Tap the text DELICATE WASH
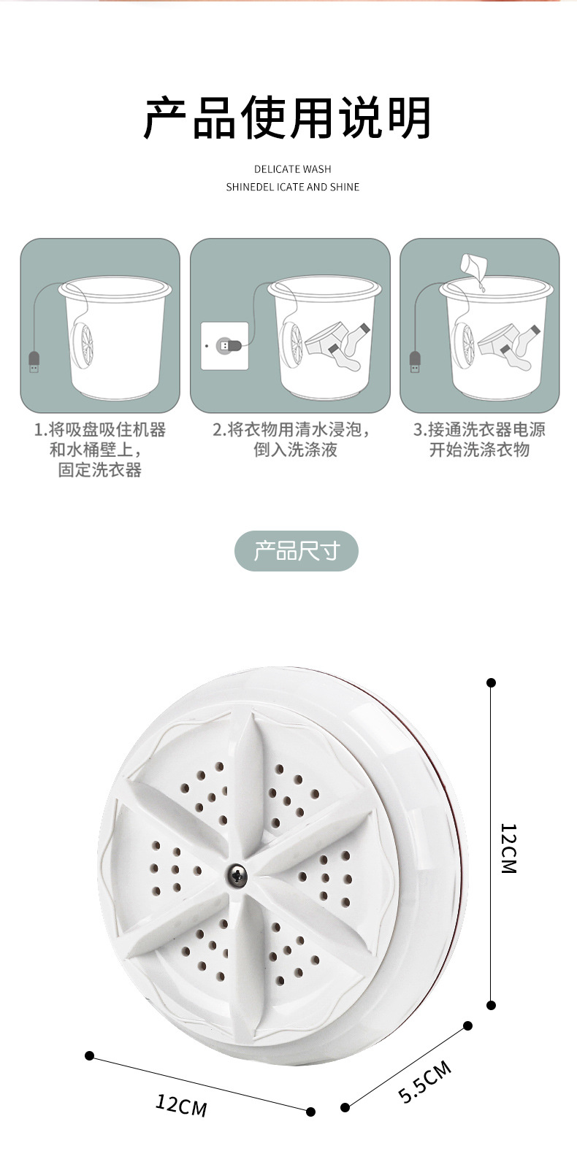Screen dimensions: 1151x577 [x=292, y=169]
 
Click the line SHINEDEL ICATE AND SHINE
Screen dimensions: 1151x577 [x=292, y=187]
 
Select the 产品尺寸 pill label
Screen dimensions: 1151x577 [x=296, y=551]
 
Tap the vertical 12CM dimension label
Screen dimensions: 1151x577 [x=509, y=848]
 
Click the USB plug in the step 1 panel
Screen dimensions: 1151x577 [x=34, y=362]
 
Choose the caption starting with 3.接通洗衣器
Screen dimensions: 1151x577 [x=479, y=439]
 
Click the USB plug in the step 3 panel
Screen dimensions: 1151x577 [x=415, y=362]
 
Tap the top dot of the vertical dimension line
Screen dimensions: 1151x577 [x=492, y=682]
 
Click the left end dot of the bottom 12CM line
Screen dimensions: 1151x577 [x=90, y=1055]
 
